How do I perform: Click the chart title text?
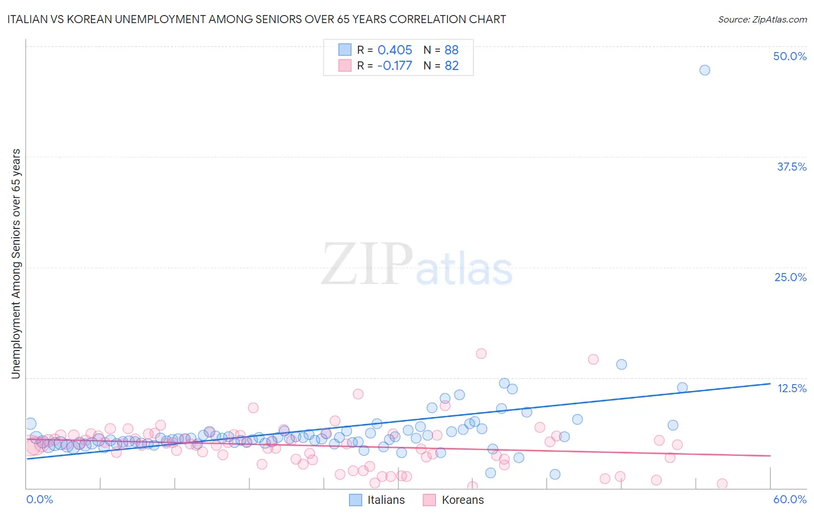[256, 20]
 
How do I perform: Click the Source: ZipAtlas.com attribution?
[762, 20]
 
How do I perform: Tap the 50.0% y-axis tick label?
[790, 56]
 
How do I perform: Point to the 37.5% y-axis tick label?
[791, 167]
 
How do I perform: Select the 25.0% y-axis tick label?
[790, 277]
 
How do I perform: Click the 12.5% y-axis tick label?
[791, 388]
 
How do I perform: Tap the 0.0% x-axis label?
[39, 499]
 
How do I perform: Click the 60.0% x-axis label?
[790, 499]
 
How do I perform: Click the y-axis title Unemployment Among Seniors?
[16, 264]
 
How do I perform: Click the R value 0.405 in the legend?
[395, 50]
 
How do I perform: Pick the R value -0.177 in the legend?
[394, 66]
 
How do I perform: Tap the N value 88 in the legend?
[452, 50]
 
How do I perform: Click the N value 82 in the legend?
[452, 66]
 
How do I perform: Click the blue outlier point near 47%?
[705, 70]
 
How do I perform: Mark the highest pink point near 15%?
[481, 353]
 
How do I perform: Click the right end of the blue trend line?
[770, 384]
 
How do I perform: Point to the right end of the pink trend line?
[770, 456]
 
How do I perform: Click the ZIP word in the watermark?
[366, 264]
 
